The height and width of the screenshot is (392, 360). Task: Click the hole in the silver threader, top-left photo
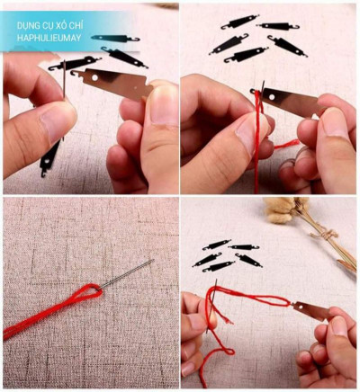click(x=94, y=77)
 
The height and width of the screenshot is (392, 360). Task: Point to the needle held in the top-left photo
click(x=65, y=78)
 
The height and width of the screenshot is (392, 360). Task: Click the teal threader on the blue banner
click(x=115, y=39)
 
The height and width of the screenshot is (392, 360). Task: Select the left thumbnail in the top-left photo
click(x=57, y=120)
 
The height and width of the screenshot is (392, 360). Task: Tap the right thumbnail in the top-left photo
click(x=165, y=104)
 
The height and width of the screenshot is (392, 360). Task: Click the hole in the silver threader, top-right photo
click(x=272, y=97)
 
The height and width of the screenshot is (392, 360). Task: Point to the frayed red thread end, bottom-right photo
click(x=227, y=321)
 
